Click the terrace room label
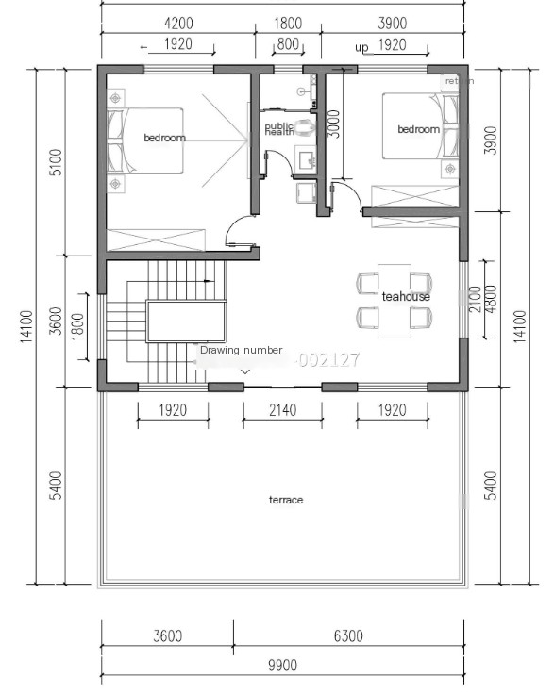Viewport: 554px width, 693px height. pyautogui.click(x=286, y=500)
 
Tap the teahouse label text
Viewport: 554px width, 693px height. pyautogui.click(x=406, y=296)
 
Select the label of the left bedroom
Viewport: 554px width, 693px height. pyautogui.click(x=164, y=138)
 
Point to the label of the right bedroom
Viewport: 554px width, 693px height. pyautogui.click(x=418, y=129)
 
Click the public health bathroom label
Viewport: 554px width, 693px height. pyautogui.click(x=279, y=129)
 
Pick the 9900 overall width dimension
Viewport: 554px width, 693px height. pyautogui.click(x=281, y=666)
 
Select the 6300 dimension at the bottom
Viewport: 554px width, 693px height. pyautogui.click(x=347, y=636)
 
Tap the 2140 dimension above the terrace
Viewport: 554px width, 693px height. pyautogui.click(x=282, y=410)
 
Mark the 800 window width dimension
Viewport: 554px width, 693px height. pyautogui.click(x=288, y=44)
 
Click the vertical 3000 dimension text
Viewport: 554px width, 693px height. pyautogui.click(x=332, y=124)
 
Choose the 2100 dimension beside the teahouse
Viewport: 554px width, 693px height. pyautogui.click(x=476, y=299)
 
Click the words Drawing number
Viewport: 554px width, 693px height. pyautogui.click(x=241, y=350)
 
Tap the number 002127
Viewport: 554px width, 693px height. pyautogui.click(x=327, y=359)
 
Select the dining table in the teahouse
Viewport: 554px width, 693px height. pyautogui.click(x=395, y=300)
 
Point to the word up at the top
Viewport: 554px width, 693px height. pyautogui.click(x=361, y=45)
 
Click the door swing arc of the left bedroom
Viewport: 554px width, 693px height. pyautogui.click(x=238, y=229)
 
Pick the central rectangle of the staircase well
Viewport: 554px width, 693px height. pyautogui.click(x=186, y=322)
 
